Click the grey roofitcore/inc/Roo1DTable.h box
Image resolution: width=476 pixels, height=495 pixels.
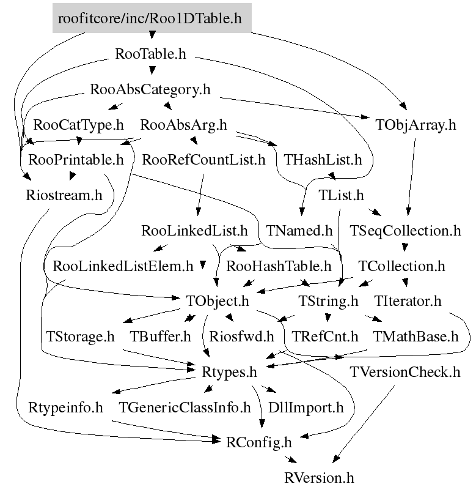150,19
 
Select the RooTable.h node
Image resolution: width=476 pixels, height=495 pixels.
150,54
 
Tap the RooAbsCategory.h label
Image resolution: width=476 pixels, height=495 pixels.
150,90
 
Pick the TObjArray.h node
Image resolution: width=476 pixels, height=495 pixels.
417,126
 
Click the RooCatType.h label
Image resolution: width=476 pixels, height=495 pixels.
79,125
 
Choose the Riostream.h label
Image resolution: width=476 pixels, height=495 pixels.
64,195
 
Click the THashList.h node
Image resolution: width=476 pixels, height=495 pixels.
323,160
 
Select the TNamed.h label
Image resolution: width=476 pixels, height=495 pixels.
299,231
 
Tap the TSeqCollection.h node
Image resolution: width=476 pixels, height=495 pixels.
406,231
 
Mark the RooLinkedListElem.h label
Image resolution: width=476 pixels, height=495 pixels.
123,267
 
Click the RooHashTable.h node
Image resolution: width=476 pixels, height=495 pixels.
279,267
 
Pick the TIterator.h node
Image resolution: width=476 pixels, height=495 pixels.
408,302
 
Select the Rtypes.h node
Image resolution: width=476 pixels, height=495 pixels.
229,371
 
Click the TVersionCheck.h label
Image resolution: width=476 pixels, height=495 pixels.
405,371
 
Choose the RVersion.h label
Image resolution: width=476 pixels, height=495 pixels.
320,477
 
